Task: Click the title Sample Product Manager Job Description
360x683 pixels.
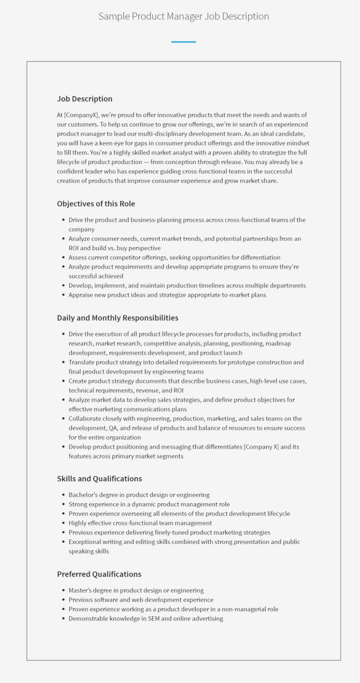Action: tap(183, 16)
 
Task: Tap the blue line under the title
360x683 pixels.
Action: tap(183, 42)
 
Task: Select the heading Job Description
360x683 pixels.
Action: tap(85, 99)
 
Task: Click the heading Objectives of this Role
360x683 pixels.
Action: tap(96, 204)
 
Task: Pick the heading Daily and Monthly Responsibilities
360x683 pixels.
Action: tap(117, 318)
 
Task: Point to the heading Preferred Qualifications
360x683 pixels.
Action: tap(99, 574)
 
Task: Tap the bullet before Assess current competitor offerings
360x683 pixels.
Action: tap(64, 257)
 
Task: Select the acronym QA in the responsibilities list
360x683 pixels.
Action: tap(113, 428)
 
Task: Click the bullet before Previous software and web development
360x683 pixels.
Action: tap(64, 600)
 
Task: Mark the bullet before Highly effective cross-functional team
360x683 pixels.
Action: tap(64, 523)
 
